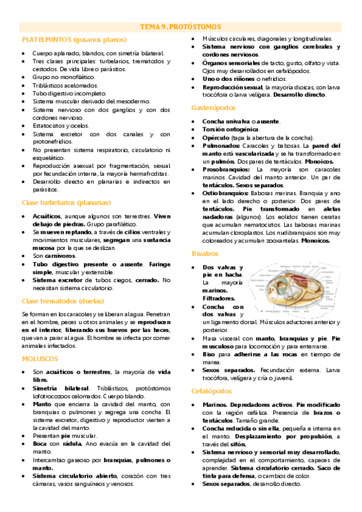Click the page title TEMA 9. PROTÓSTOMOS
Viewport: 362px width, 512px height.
click(181, 27)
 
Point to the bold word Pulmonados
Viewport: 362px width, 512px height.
click(223, 146)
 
